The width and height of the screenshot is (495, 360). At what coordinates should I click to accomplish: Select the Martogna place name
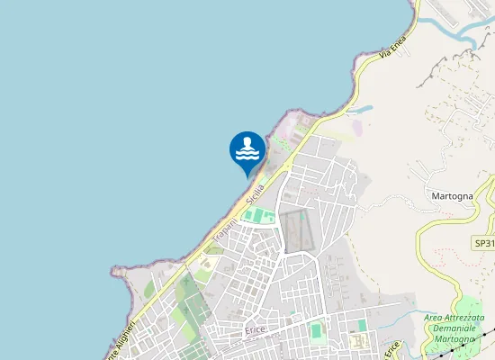point(452,196)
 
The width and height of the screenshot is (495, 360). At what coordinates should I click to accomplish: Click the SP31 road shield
point(484,244)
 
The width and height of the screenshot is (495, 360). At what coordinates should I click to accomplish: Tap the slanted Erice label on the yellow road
point(391,347)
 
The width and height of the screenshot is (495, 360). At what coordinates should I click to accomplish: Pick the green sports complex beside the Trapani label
point(258,216)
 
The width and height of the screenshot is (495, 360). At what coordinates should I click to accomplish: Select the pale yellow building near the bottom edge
point(359,341)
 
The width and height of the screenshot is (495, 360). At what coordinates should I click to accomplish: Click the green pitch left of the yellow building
point(317,330)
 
